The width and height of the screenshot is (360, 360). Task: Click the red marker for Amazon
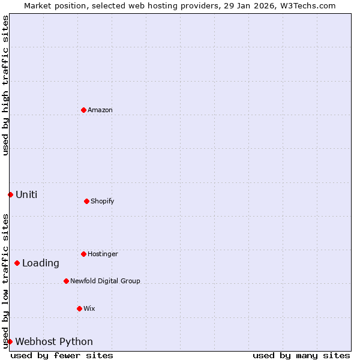(x=84, y=110)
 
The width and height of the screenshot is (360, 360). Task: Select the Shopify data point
(x=87, y=201)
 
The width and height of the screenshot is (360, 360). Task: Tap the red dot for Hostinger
(x=84, y=254)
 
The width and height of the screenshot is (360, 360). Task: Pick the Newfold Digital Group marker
(x=67, y=281)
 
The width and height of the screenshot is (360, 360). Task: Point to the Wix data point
(x=80, y=308)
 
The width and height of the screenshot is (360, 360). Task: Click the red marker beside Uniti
(x=10, y=194)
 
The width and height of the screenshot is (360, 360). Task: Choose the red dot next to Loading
(x=17, y=263)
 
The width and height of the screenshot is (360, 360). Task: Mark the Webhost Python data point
(x=10, y=341)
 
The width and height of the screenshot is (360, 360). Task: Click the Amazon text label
(x=100, y=110)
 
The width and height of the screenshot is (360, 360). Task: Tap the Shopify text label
(x=103, y=201)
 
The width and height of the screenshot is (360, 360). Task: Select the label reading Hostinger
(x=103, y=254)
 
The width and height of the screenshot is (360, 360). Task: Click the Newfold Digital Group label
(x=105, y=281)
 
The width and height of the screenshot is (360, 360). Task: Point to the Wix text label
(x=89, y=308)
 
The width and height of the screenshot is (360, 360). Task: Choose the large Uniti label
(x=26, y=194)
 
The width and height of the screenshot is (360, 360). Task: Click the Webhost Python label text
(x=54, y=341)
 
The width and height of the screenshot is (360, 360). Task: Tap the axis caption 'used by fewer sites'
(x=62, y=355)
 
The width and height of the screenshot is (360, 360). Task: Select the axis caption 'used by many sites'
(x=301, y=355)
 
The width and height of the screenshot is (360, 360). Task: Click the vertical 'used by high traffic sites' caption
(x=5, y=86)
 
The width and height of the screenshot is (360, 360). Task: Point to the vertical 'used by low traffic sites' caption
(x=5, y=281)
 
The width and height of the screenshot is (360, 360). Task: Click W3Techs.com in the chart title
(x=305, y=5)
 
